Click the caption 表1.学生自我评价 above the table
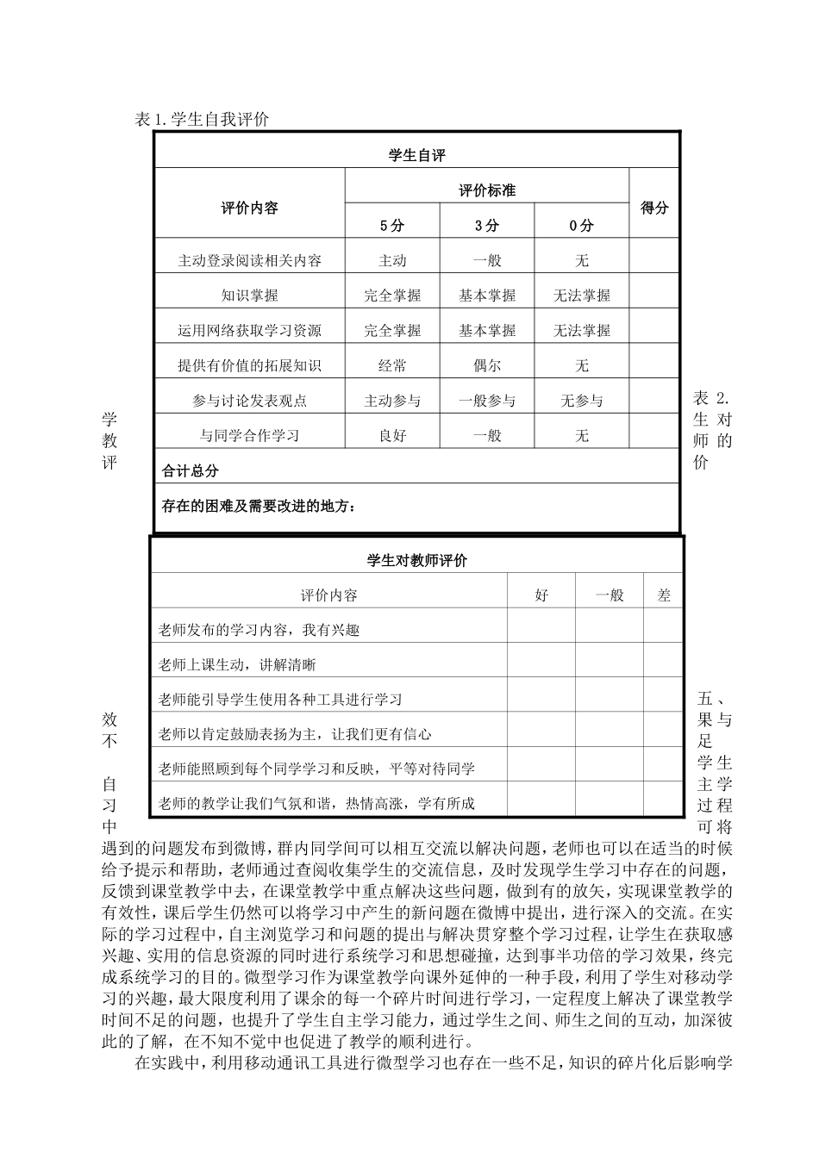point(203,120)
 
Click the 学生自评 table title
point(417,155)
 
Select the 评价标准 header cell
point(487,190)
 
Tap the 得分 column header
point(654,208)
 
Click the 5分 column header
point(392,226)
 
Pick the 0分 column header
point(582,226)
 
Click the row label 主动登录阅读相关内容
point(250,260)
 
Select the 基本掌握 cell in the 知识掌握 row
point(487,296)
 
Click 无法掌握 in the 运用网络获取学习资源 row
point(582,330)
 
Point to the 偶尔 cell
point(487,365)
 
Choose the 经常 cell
point(392,365)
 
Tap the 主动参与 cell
point(392,401)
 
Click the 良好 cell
point(392,436)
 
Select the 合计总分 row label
point(191,471)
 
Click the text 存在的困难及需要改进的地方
point(259,506)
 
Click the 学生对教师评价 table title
point(417,560)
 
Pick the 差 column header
point(664,595)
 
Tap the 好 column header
point(541,595)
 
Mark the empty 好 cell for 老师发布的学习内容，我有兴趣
point(541,630)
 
